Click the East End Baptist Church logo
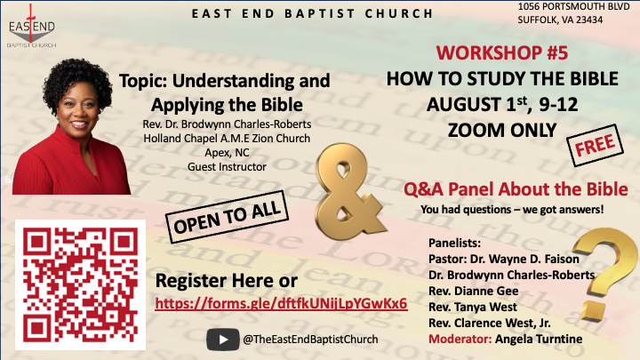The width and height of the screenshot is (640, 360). [x=32, y=27]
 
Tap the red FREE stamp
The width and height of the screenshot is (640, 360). [x=595, y=145]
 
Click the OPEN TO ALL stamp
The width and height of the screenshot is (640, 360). [x=228, y=217]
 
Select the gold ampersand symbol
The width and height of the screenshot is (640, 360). [x=349, y=191]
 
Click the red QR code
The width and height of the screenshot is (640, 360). [x=80, y=284]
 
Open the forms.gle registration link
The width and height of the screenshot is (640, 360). [x=281, y=304]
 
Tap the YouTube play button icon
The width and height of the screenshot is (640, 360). [x=223, y=340]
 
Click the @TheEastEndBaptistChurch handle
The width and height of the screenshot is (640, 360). [x=310, y=340]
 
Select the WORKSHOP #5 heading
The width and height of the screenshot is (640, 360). [x=502, y=52]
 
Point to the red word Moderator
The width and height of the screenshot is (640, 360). [x=460, y=340]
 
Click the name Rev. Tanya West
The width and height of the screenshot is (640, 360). [x=473, y=307]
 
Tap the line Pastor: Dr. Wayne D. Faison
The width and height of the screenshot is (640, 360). [x=504, y=260]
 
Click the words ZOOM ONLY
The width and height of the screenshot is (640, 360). [x=502, y=131]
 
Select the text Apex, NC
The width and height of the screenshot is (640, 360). [x=227, y=153]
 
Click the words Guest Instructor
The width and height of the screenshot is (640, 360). [x=227, y=167]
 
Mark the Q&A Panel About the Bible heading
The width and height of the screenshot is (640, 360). [x=516, y=189]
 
